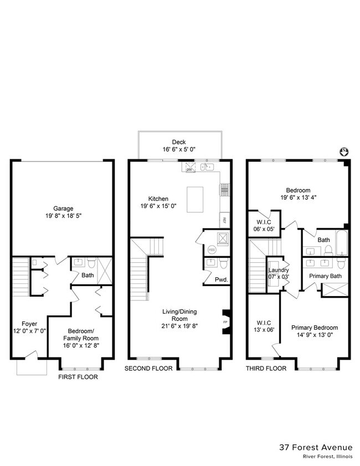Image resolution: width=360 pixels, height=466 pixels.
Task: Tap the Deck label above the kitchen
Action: tap(178, 142)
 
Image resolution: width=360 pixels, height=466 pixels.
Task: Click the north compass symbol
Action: tap(343, 152)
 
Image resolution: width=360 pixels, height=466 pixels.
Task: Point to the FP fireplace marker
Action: tap(225, 322)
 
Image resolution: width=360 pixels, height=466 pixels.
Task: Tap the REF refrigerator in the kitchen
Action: tap(224, 219)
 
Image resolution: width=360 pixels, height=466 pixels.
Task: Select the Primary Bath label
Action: tap(325, 276)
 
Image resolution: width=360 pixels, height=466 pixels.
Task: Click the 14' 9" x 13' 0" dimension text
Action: tap(314, 335)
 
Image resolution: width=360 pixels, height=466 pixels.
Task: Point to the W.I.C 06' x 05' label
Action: tap(264, 224)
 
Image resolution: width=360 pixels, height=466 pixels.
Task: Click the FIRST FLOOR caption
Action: tap(78, 377)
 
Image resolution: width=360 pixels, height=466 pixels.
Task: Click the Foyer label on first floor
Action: tap(29, 324)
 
